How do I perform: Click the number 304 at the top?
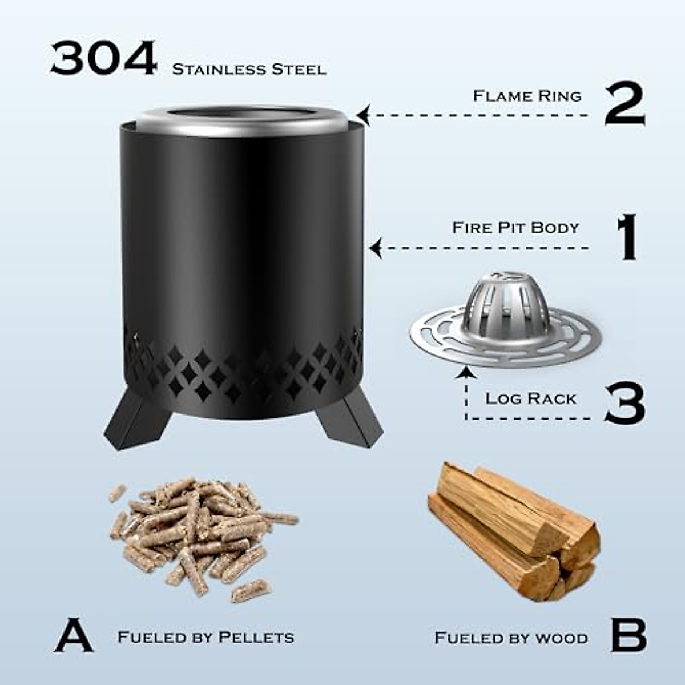pos(103,59)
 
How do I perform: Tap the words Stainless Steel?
pos(249,70)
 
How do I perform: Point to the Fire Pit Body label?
pos(515,227)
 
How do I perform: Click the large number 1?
pos(627,237)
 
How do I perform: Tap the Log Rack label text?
pos(531,398)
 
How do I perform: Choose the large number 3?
pos(624,404)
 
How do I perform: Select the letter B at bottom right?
pos(628,634)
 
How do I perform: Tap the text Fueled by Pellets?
pos(206,636)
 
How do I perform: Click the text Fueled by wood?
pos(511,637)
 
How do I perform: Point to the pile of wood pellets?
pos(200,534)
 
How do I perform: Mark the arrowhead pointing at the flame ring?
pos(364,115)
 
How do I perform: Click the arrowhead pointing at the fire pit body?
pos(375,248)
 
